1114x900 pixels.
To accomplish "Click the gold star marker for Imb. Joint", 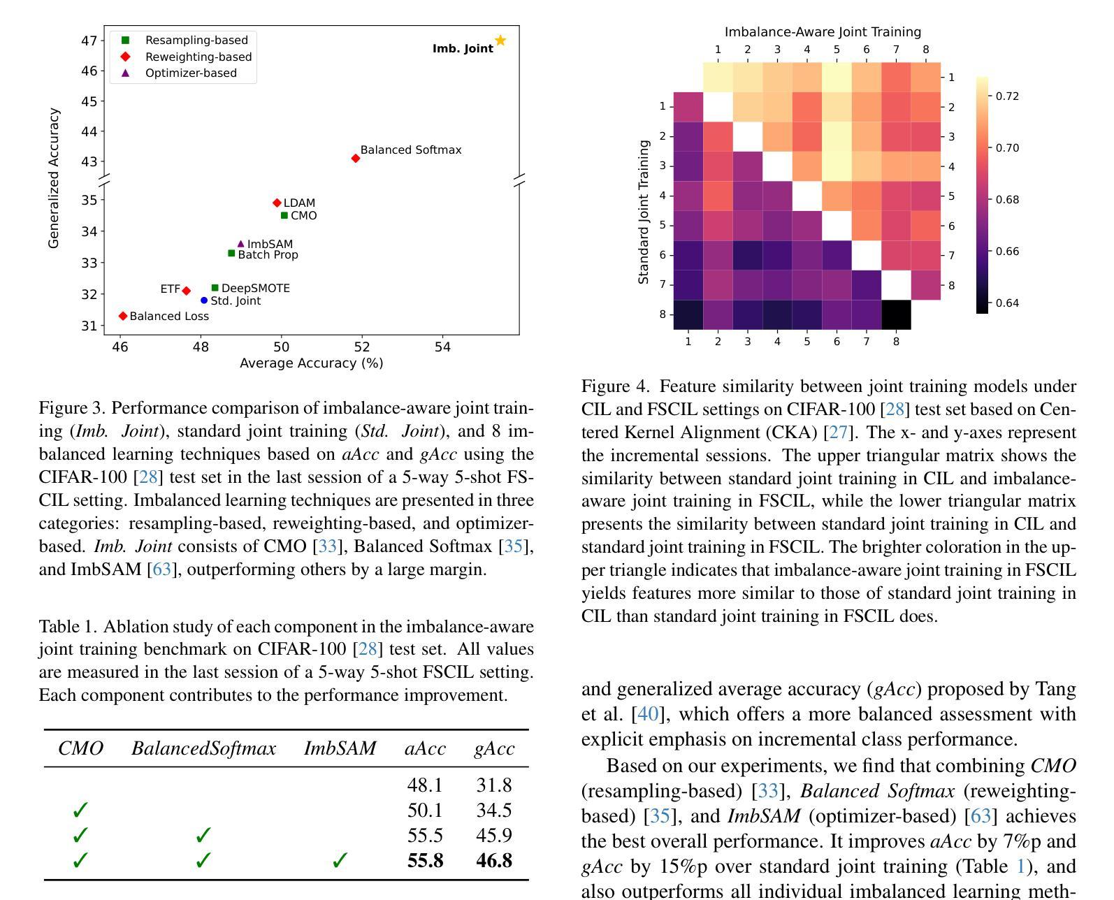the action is (x=500, y=41).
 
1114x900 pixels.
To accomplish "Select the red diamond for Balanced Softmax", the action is (x=356, y=159).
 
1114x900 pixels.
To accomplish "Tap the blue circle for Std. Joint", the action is (x=204, y=300).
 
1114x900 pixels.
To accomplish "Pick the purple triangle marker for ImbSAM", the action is (x=240, y=244).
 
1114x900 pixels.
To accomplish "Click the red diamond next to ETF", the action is (x=186, y=291).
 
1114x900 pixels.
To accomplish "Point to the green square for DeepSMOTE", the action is (x=215, y=288).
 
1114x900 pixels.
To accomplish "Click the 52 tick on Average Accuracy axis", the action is (x=362, y=347).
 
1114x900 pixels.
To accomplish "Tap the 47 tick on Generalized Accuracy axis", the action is (x=89, y=41).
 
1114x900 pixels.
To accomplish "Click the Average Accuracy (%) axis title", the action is (x=312, y=363).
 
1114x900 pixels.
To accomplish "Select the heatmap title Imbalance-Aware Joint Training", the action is (x=823, y=32).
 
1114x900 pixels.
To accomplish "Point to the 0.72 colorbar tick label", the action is (x=1007, y=96).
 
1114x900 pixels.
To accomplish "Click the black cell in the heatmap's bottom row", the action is (x=897, y=315).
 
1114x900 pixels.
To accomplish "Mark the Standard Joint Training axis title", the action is (x=643, y=212).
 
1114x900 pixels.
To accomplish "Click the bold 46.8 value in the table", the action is (x=494, y=860).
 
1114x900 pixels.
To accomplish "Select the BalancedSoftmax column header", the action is (x=203, y=748).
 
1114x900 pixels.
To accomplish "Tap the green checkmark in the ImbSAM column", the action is (x=340, y=860).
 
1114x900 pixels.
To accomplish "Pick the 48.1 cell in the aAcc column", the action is (x=425, y=785).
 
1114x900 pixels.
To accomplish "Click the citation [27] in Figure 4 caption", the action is (x=839, y=432).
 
